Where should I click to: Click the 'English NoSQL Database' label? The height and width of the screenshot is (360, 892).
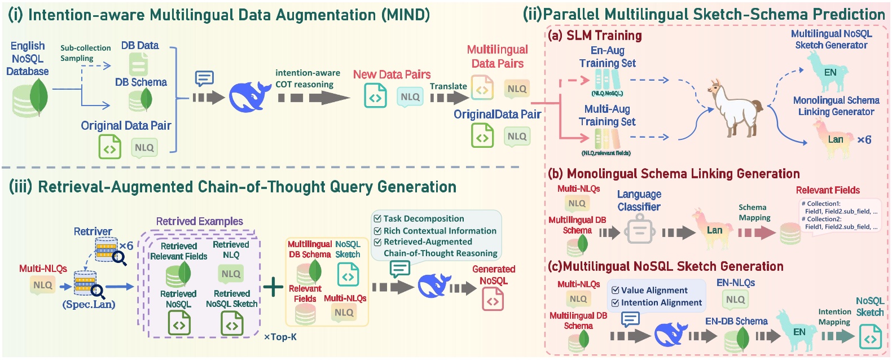[27, 59]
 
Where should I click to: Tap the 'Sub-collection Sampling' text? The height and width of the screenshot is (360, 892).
[85, 53]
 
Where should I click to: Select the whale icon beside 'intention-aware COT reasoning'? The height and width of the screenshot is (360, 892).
[250, 96]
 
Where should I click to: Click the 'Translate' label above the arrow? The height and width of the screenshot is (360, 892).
[448, 86]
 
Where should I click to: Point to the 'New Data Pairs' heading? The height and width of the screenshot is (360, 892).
[392, 74]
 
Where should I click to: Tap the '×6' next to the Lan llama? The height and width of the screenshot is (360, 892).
[864, 139]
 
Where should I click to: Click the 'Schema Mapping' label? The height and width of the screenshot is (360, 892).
[754, 213]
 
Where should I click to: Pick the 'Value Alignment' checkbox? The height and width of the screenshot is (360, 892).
[616, 291]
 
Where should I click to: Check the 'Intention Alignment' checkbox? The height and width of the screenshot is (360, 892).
[616, 303]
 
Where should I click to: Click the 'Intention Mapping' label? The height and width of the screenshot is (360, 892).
[834, 317]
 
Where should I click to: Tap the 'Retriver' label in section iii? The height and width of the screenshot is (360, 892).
[93, 231]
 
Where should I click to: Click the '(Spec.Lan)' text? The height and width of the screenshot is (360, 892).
[89, 305]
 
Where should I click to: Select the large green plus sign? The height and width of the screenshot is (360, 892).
[273, 287]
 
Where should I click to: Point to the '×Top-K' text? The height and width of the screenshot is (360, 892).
[280, 337]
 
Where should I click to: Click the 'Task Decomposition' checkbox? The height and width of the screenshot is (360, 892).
[377, 218]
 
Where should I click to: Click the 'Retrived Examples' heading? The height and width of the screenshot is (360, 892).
[199, 221]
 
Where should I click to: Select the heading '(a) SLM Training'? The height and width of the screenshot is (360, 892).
[595, 36]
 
